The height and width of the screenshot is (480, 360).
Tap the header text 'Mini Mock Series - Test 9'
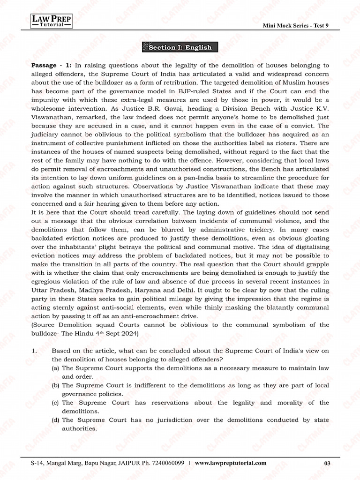(x=296, y=26)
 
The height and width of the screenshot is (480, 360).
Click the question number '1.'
(x=34, y=351)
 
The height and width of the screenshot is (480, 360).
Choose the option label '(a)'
(x=56, y=368)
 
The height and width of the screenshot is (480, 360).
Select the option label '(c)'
(x=56, y=403)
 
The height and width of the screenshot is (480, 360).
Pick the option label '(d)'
(x=56, y=420)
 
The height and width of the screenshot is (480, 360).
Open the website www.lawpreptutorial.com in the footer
(x=231, y=463)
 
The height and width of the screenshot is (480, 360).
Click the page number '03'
(x=327, y=463)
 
